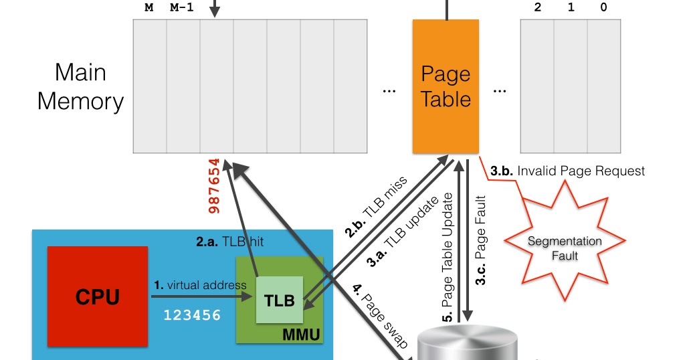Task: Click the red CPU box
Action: tap(98, 296)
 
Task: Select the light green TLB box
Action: tap(280, 300)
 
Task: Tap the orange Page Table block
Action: tap(446, 86)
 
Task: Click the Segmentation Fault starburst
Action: tap(565, 247)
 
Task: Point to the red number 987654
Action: tap(215, 185)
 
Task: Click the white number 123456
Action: tap(193, 314)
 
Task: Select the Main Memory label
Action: tap(80, 86)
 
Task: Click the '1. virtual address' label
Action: tap(199, 285)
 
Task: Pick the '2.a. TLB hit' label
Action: tap(229, 242)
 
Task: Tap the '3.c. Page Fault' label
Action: tap(481, 241)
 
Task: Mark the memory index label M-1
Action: tap(183, 7)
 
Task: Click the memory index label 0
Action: tap(603, 7)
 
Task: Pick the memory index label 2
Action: tap(537, 7)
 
